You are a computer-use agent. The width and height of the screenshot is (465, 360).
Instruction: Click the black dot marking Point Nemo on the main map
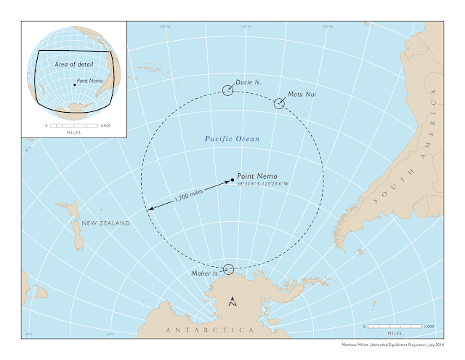point(232,179)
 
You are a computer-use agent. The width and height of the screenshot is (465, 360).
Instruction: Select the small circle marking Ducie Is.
point(228,90)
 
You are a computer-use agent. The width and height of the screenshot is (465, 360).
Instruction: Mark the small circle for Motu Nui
point(279,103)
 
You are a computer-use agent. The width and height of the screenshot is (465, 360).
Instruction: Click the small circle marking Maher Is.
point(229,269)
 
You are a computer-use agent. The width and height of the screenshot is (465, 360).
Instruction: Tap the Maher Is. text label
point(204,273)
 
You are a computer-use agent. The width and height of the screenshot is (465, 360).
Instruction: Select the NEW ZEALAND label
point(105,223)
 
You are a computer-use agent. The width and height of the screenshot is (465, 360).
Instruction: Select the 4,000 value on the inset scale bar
point(105,125)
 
